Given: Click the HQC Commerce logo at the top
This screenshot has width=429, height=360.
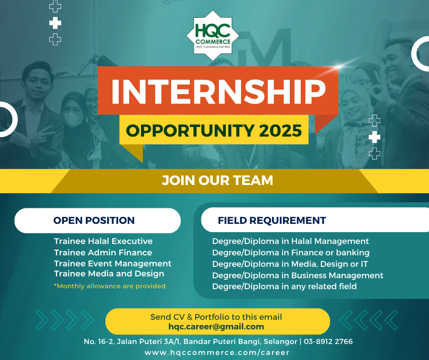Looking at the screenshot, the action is coord(213,36).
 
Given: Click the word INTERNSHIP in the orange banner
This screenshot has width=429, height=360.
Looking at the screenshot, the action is coord(219,92).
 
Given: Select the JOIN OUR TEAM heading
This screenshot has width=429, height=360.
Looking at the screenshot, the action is coord(217,180).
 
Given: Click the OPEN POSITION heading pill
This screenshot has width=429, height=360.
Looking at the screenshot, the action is coord(97,221).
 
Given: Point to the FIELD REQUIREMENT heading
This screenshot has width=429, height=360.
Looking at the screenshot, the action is coord(272,221).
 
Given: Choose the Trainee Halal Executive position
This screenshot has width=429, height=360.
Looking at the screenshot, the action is coord(103,241).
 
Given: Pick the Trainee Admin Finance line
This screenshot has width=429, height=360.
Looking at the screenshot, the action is coord(103,252).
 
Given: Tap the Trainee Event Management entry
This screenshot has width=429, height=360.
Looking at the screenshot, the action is coord(112,264).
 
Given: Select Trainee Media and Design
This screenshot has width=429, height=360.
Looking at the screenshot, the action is coord(109,274).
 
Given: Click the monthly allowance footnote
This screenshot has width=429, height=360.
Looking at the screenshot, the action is coord(110,286).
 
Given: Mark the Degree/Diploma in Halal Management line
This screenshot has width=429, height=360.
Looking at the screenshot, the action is coord(291,241).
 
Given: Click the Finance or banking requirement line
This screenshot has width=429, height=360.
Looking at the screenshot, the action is coord(291,253).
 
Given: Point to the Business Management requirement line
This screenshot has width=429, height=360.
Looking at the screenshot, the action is coord(298,275).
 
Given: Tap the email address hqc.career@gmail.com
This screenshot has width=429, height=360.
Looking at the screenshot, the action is coord(216,327).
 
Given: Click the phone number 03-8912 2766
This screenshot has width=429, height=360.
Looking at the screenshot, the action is coord(328,342).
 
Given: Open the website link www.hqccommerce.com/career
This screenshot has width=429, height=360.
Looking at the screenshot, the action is coord(217,352).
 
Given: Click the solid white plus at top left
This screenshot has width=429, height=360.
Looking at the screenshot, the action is coord(55,23).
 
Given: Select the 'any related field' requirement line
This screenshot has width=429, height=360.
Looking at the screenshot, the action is coord(284,286).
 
